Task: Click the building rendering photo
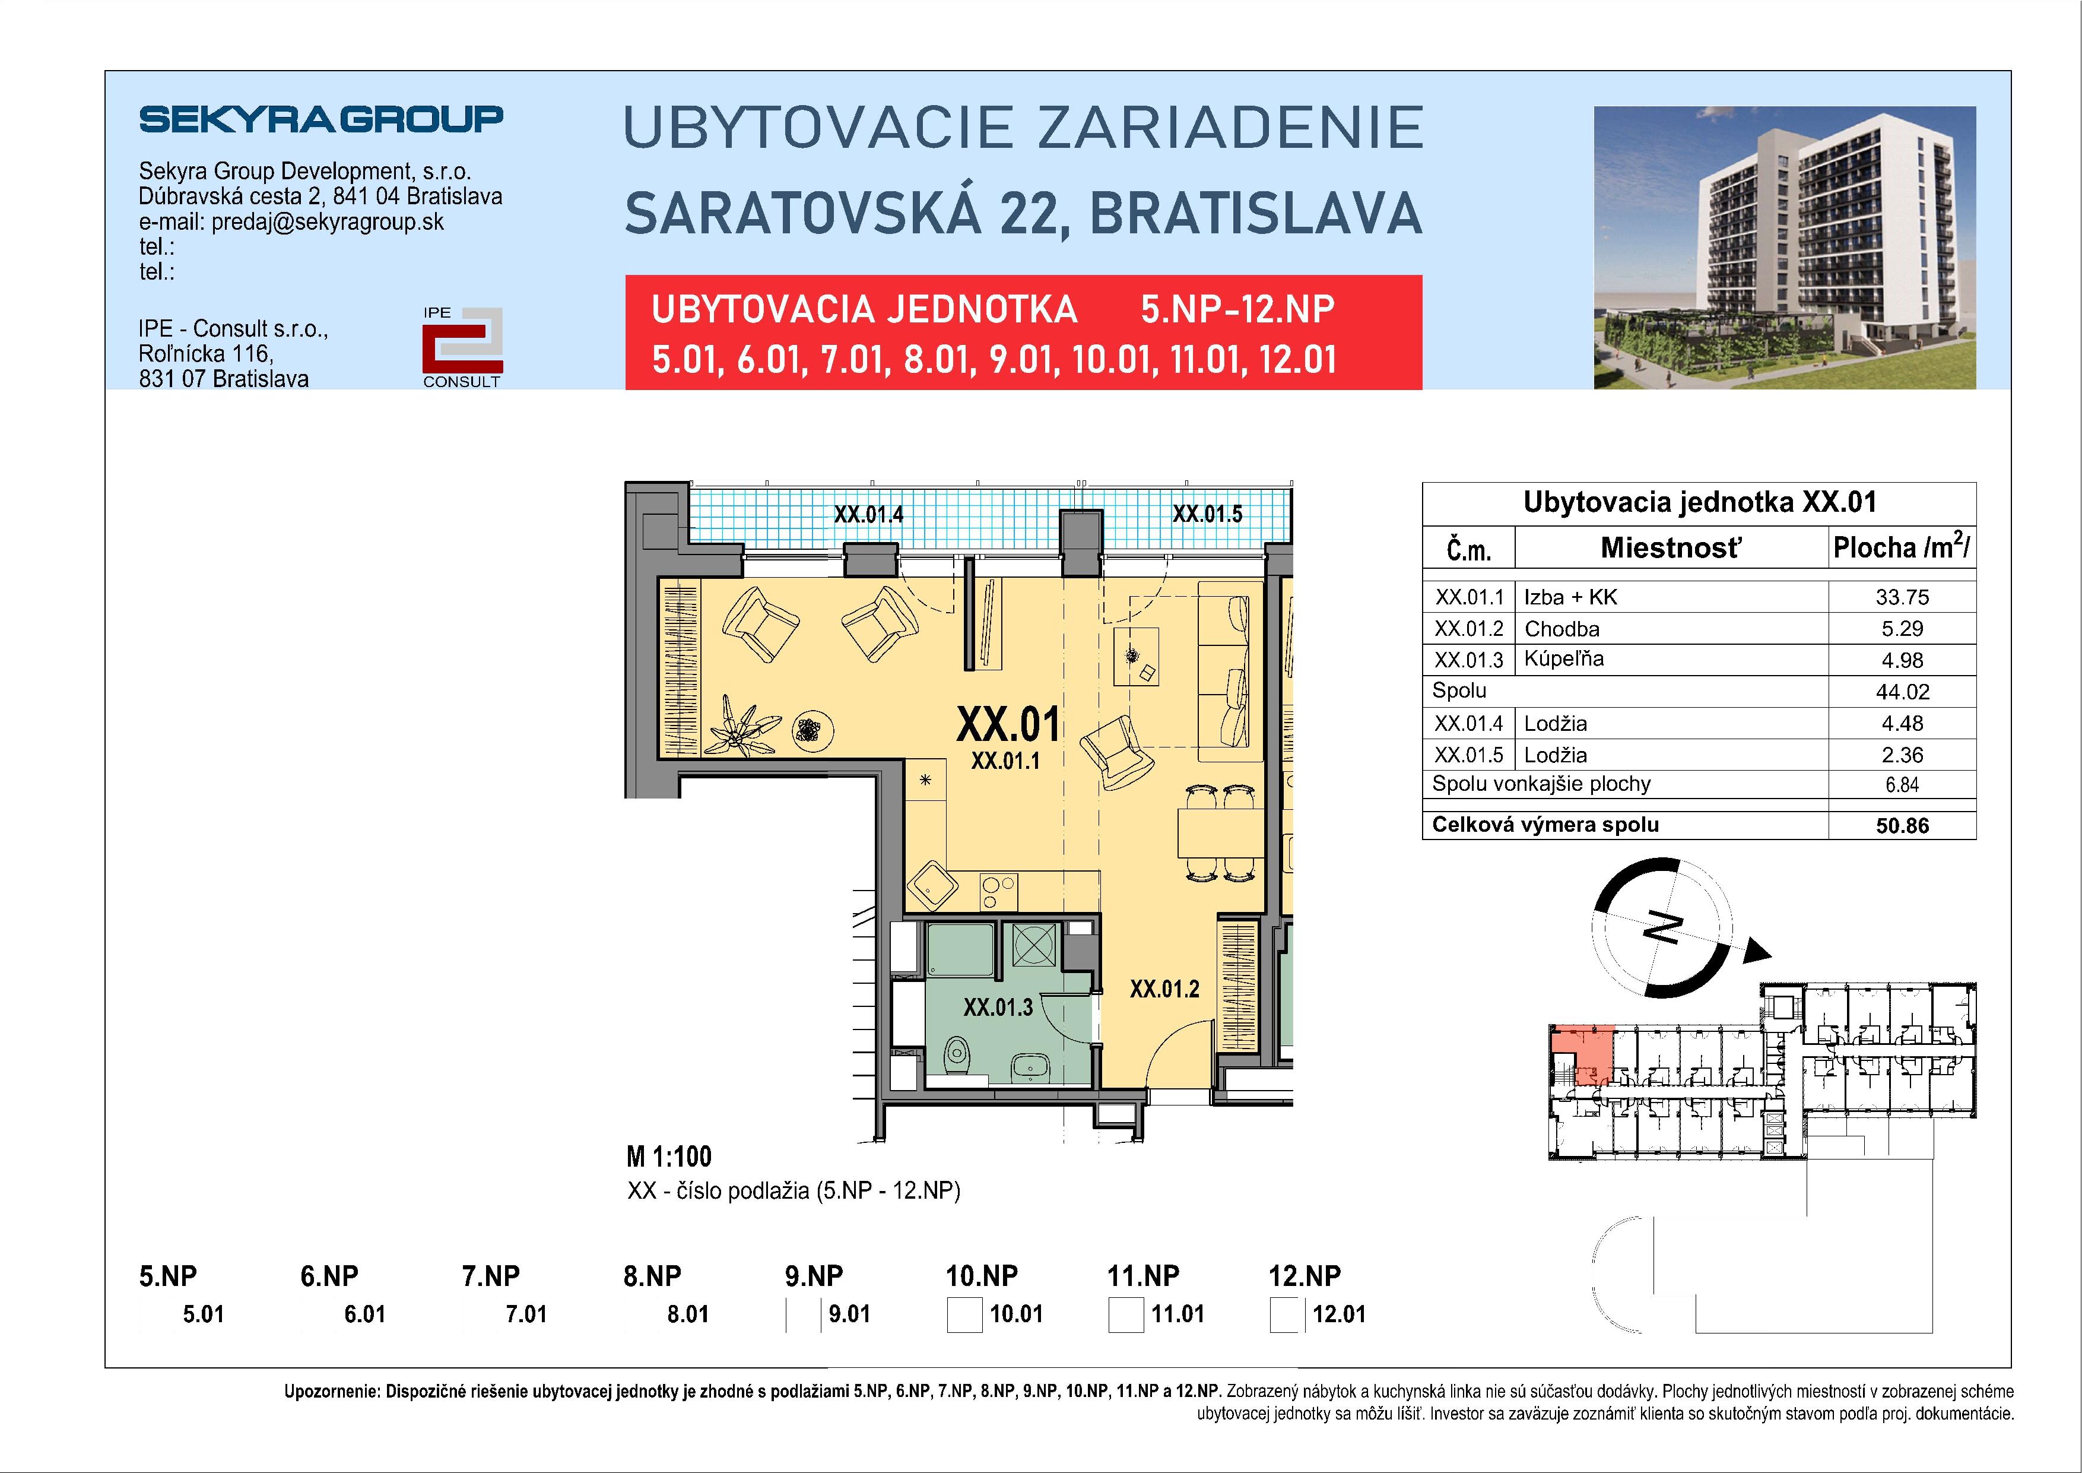click(x=1785, y=247)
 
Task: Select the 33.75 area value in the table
click(x=1902, y=597)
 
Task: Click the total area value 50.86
click(x=1902, y=825)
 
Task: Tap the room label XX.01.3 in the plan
click(x=998, y=1007)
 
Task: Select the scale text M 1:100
click(x=669, y=1157)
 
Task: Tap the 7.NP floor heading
click(x=491, y=1276)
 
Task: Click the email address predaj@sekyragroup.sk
click(x=328, y=222)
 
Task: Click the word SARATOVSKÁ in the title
click(x=802, y=214)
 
